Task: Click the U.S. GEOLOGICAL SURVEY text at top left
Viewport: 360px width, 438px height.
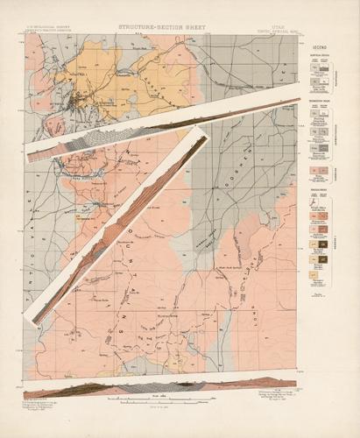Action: click(48, 26)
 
